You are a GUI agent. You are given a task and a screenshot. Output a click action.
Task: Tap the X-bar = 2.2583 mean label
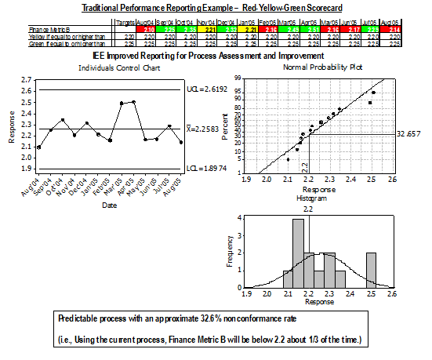tap(208, 129)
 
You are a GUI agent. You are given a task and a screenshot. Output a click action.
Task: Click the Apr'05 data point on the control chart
tap(134, 102)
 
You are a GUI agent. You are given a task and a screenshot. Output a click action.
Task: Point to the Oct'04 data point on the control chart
tap(63, 120)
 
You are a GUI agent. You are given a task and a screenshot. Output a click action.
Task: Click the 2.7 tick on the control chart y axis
tap(27, 80)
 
